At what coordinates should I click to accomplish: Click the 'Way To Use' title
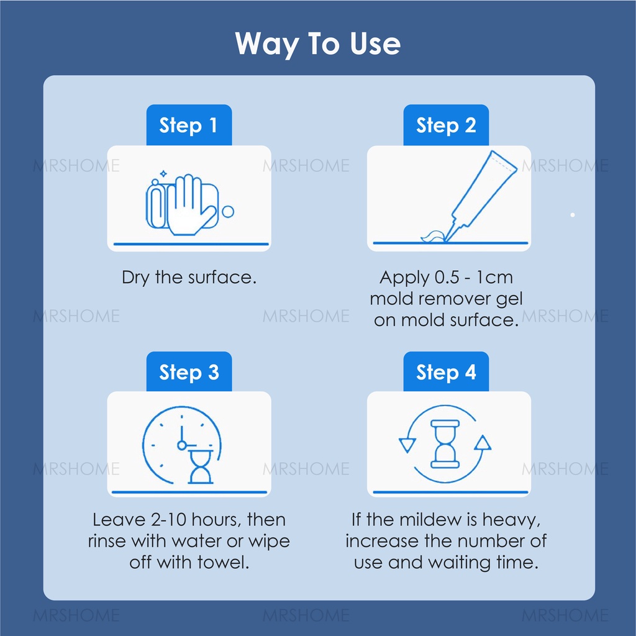point(317,44)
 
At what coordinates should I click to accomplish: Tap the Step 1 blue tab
point(189,125)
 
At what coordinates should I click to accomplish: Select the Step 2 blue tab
point(446,125)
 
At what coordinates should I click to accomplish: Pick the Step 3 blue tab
point(189,371)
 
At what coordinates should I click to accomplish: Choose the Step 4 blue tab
point(446,371)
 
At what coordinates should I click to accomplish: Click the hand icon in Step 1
point(190,205)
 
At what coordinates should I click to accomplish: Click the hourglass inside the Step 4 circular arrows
point(445,444)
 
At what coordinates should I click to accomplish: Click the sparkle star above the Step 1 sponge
point(163,174)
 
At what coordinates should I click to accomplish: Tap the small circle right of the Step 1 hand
point(228,212)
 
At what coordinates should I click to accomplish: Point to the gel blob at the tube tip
point(433,237)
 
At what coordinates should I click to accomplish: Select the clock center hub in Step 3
point(182,445)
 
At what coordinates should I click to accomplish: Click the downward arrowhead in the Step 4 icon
point(407,445)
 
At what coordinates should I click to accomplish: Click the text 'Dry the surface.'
point(189,278)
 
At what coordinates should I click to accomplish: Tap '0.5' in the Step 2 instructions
point(447,278)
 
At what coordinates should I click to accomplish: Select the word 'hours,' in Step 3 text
point(214,520)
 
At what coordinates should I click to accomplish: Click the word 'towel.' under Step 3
point(223,563)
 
